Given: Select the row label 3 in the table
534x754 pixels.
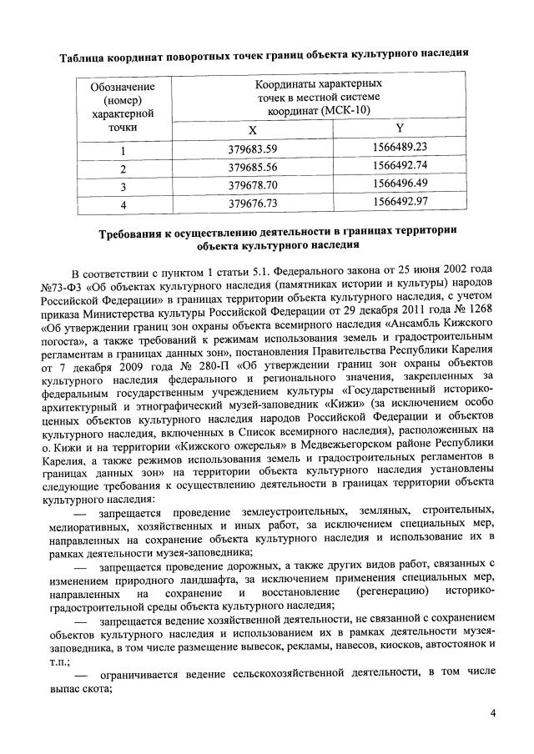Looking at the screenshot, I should click(x=122, y=185).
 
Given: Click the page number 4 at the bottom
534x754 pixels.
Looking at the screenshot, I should click(x=492, y=714).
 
